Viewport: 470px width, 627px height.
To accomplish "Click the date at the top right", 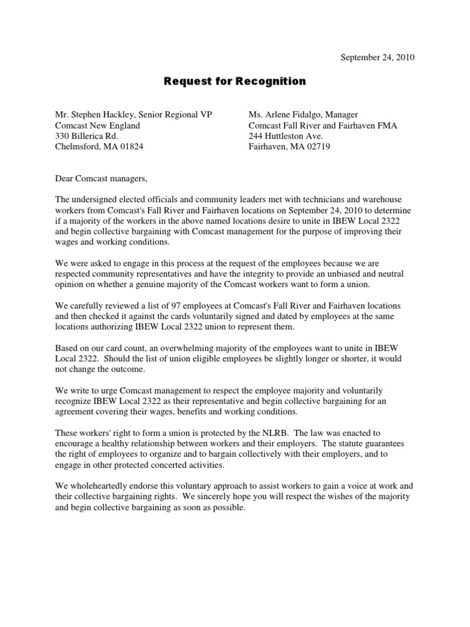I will point(378,58).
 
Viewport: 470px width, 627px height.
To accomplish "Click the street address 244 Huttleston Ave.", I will point(285,136).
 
